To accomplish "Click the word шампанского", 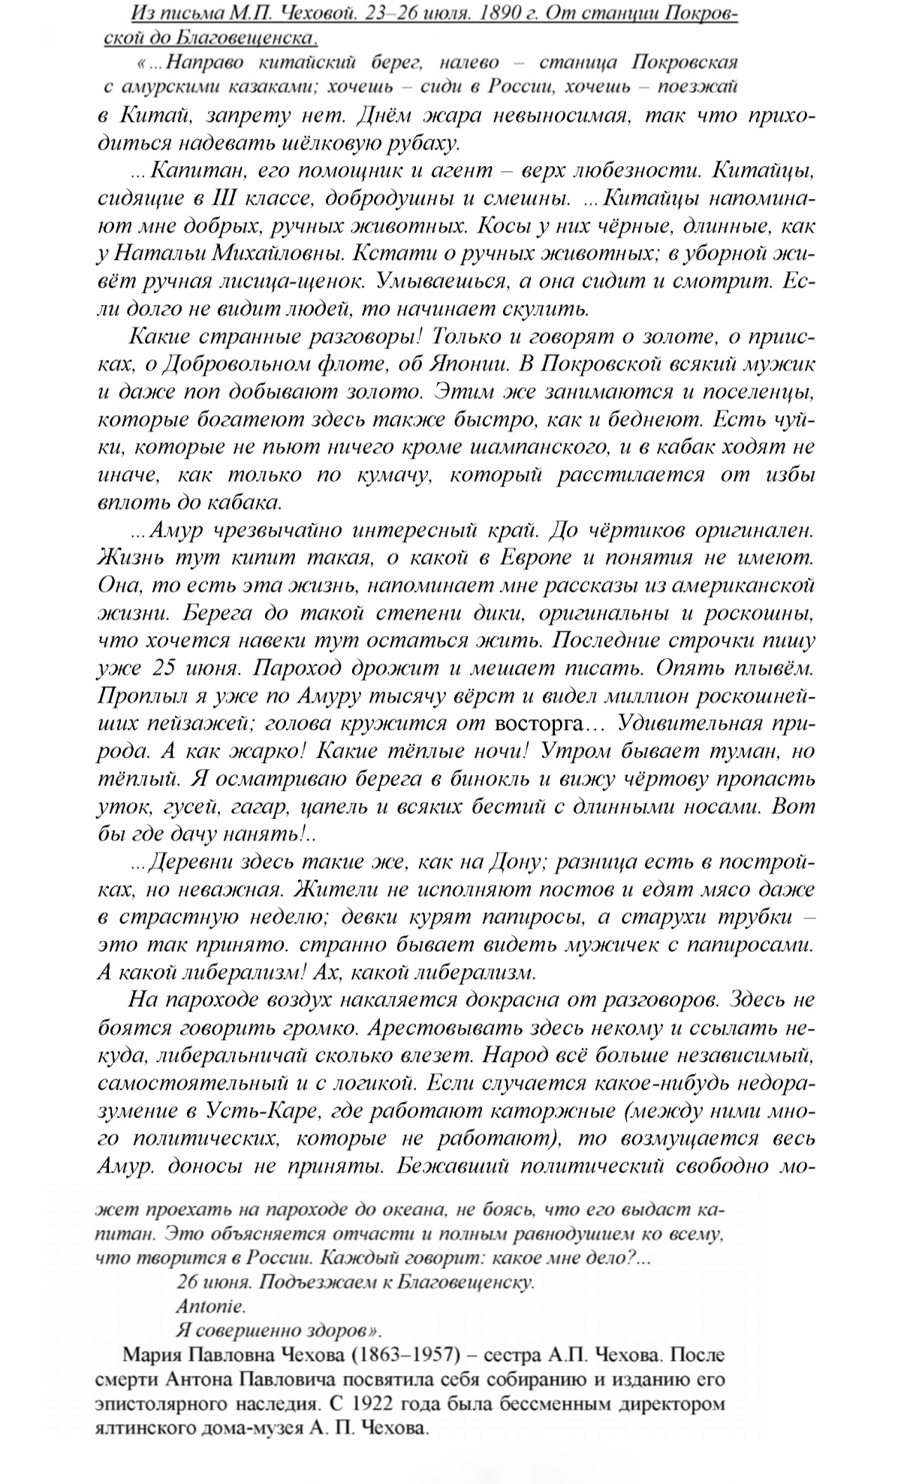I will click(536, 447).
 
